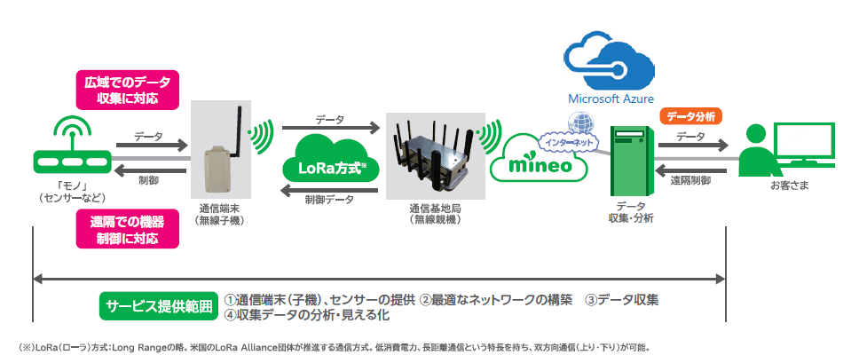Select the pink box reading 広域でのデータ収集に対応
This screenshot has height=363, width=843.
pyautogui.click(x=128, y=89)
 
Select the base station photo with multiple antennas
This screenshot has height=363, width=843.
pyautogui.click(x=436, y=155)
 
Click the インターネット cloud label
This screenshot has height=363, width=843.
pyautogui.click(x=569, y=142)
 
